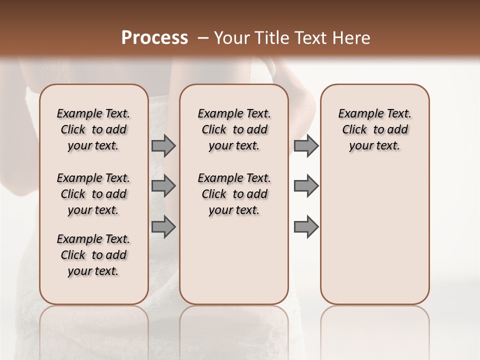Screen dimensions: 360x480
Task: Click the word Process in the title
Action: click(154, 38)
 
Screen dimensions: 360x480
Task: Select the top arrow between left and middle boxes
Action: click(163, 145)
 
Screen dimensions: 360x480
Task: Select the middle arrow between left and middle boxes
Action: click(163, 186)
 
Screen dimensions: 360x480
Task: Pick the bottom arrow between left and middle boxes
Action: click(163, 226)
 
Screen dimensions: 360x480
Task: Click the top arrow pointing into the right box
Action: click(306, 145)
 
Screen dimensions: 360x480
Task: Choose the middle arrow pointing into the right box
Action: click(306, 186)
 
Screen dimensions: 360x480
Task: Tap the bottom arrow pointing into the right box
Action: click(306, 226)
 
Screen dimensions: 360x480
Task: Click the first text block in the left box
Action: click(93, 129)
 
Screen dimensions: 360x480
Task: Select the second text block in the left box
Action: click(93, 194)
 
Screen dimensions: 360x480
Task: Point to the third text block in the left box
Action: click(93, 255)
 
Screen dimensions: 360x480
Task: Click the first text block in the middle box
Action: click(234, 129)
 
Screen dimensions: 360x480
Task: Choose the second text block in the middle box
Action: click(234, 194)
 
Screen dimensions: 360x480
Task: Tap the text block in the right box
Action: click(374, 129)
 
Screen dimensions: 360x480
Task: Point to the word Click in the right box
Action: click(354, 129)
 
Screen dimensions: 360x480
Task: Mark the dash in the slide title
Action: click(203, 38)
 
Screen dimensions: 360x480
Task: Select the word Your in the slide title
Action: click(230, 38)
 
